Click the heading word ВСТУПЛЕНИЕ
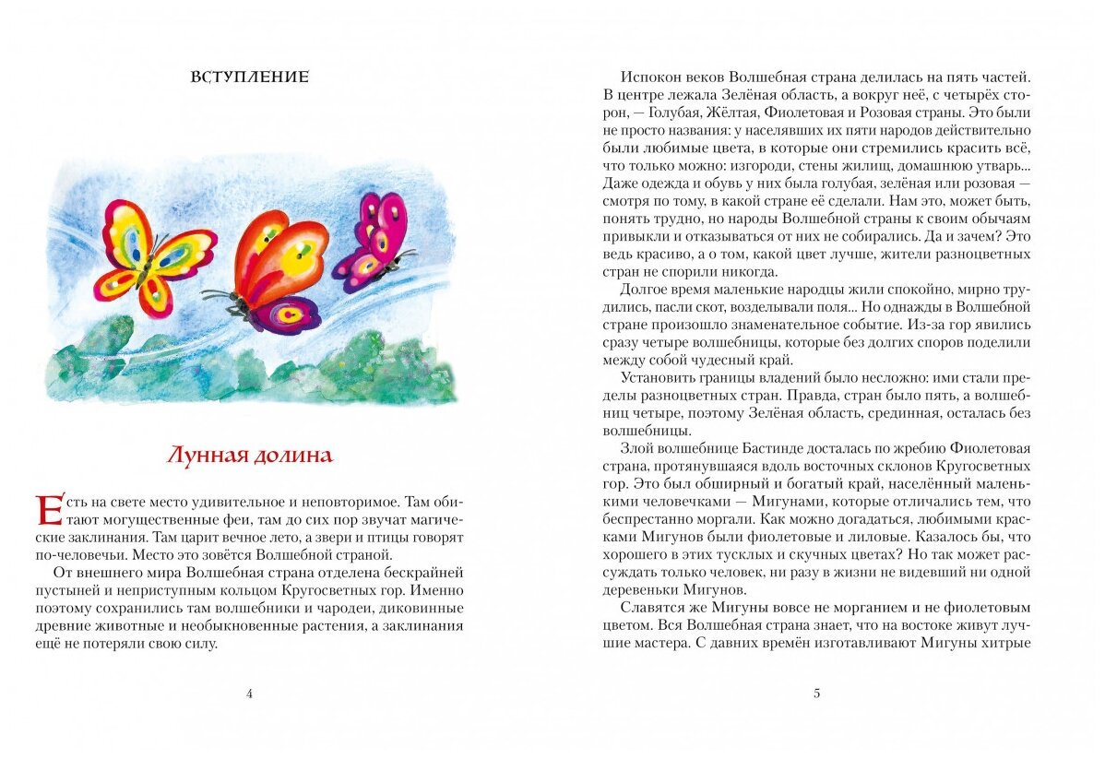[x=249, y=77]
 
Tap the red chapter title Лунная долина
[x=249, y=455]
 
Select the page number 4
[x=249, y=694]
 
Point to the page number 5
[x=816, y=694]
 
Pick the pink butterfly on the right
[x=374, y=242]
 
